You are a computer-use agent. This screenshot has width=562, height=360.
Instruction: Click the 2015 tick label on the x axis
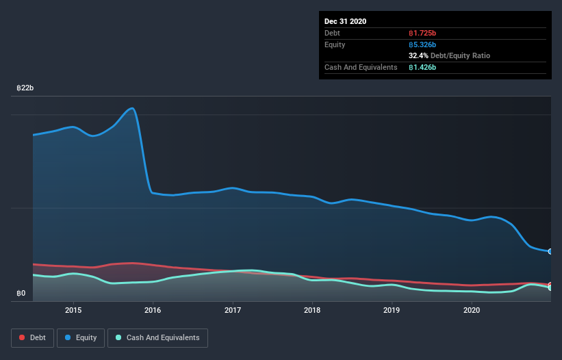pos(73,310)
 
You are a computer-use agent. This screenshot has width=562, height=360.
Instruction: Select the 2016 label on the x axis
pos(153,310)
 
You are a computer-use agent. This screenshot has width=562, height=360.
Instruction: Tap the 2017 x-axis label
pos(233,310)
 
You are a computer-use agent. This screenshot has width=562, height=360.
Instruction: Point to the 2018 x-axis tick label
pos(312,310)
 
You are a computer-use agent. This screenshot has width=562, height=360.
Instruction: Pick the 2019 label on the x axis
pos(392,310)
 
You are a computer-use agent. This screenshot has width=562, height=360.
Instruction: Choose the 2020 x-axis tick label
pos(472,310)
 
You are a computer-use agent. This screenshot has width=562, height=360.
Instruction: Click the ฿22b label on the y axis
pos(25,88)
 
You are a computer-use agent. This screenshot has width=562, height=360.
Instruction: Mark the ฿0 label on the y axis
pos(21,294)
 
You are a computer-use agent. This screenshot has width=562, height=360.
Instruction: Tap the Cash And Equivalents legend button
pos(157,337)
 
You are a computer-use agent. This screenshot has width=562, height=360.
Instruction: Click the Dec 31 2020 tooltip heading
pos(346,21)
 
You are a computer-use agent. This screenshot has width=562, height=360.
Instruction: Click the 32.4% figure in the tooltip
pos(418,55)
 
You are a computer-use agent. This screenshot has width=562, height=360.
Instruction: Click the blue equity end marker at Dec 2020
pos(550,251)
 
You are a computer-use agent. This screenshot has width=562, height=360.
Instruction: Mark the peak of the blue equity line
pos(132,108)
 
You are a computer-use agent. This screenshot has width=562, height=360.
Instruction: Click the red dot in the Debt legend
pos(23,337)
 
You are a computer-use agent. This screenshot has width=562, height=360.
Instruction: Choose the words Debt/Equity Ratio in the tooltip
pos(460,55)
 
